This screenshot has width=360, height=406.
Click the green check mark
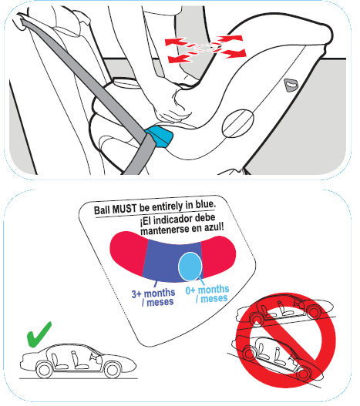[x=39, y=337]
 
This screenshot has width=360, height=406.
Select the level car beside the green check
[x=73, y=363]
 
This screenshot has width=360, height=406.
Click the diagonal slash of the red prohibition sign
[x=285, y=333]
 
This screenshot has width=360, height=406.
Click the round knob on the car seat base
[x=238, y=124]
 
